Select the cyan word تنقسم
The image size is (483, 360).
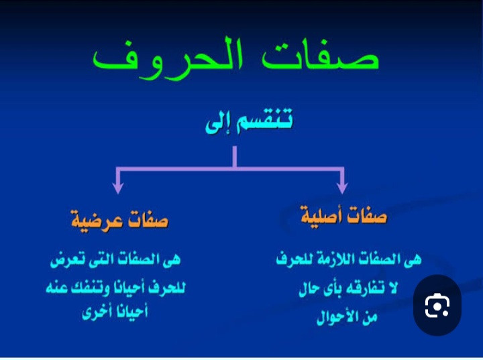coord(264,120)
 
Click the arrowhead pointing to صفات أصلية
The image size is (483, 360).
coord(342,187)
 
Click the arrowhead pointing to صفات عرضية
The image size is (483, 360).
coord(118,187)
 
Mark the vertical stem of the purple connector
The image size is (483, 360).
coord(235,157)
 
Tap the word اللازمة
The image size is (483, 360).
coord(329,258)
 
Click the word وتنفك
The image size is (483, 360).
coord(89,288)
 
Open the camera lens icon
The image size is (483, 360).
coord(437,305)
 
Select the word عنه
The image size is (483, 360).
coord(56,288)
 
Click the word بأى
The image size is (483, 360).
coord(328,289)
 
